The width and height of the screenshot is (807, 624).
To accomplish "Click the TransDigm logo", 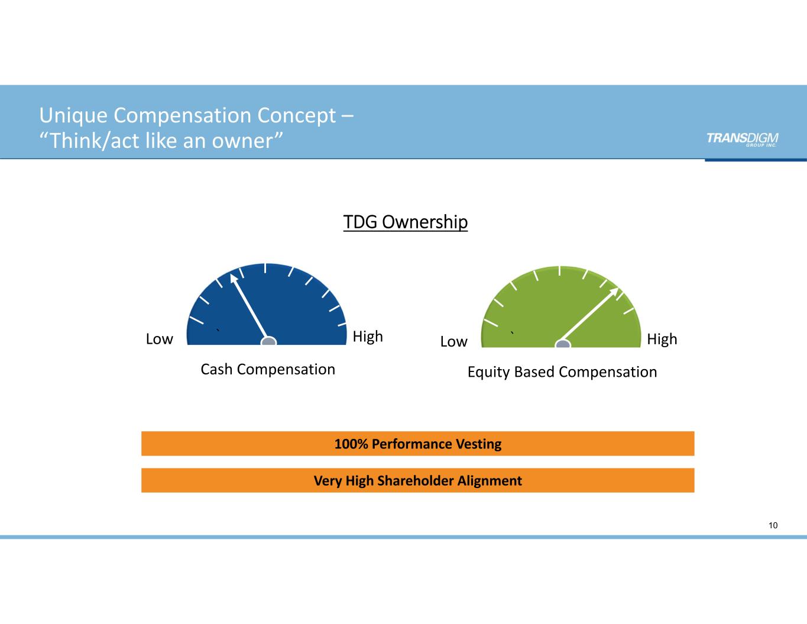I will click(742, 138).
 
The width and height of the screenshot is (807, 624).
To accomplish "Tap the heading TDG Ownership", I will click(406, 222).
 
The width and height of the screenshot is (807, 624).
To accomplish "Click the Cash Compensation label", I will click(268, 369).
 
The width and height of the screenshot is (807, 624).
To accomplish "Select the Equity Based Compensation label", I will click(562, 372).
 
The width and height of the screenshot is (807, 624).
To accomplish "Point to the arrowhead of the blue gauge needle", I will click(234, 277).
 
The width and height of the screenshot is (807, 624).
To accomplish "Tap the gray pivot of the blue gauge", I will click(269, 341).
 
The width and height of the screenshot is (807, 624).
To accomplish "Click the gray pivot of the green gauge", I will click(563, 343).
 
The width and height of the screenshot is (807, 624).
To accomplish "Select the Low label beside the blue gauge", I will click(160, 339).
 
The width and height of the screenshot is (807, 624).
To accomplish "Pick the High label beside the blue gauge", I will click(368, 337).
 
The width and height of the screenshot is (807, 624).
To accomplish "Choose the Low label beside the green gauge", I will click(454, 342).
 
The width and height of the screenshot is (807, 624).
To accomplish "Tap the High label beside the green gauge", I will click(662, 340).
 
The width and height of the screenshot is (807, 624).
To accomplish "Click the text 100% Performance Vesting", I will click(418, 444).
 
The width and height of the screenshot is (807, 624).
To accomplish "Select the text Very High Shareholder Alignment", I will click(418, 481).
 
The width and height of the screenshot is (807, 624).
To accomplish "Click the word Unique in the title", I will click(74, 115).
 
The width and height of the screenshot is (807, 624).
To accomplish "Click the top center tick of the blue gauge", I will click(265, 268).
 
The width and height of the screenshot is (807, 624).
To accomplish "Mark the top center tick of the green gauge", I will click(559, 270).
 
